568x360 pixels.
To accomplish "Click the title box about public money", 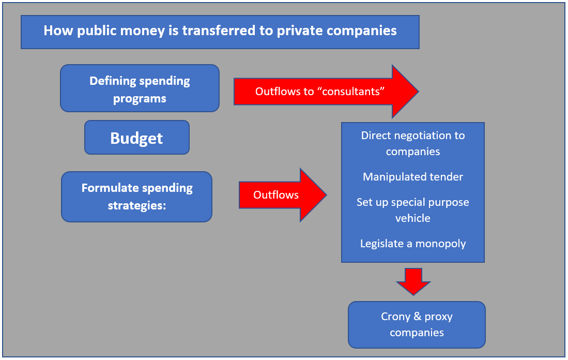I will click(220, 32).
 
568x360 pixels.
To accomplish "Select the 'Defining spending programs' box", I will click(140, 88).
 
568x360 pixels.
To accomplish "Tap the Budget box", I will click(137, 138).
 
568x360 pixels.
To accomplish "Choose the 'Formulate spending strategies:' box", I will click(136, 197).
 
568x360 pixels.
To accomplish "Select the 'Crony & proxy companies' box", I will click(417, 324).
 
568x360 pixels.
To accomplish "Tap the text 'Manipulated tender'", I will click(413, 177).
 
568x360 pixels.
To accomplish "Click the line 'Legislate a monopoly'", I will click(413, 243).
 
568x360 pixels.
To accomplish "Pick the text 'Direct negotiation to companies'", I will click(413, 143).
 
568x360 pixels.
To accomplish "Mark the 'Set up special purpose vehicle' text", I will click(413, 209).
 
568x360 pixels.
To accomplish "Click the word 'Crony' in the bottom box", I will click(395, 317).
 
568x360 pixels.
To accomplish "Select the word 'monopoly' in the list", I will click(440, 243).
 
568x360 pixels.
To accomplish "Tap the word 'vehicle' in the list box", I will click(413, 218).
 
